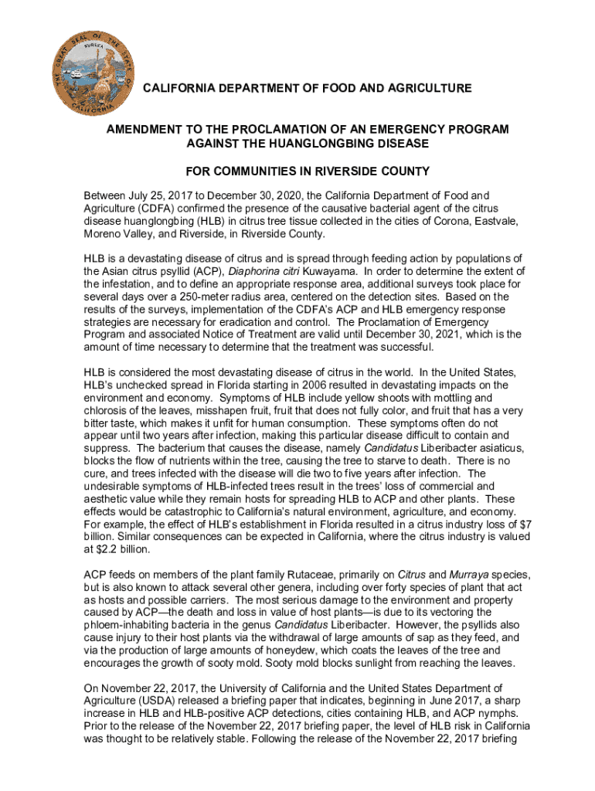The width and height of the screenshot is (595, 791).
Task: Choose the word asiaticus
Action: pyautogui.click(x=481, y=448)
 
